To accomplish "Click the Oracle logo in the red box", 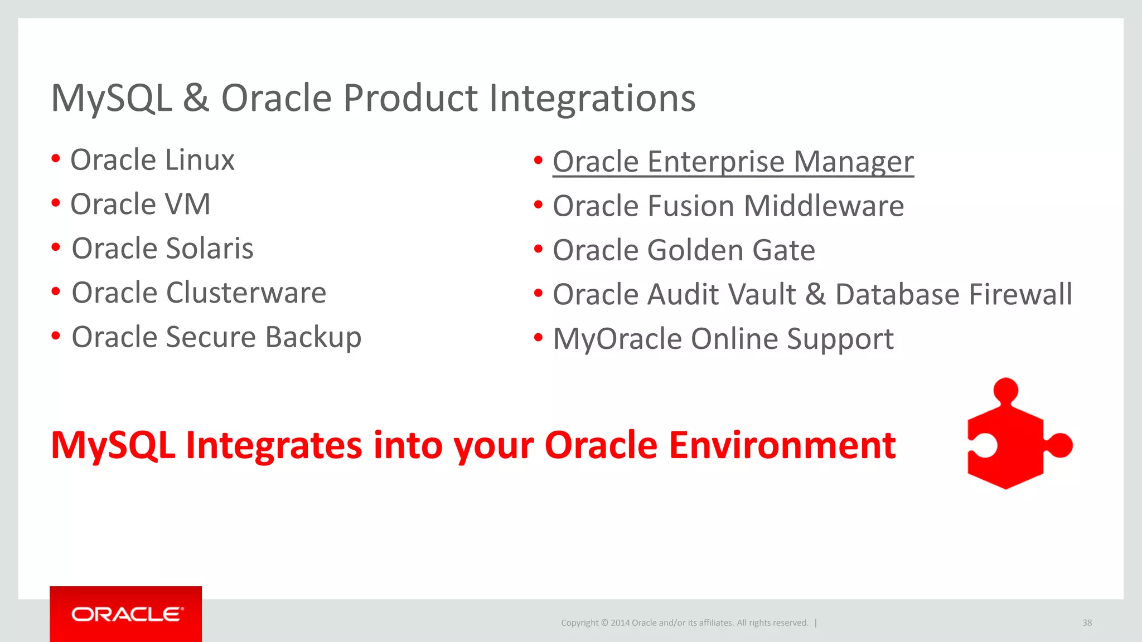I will [127, 614].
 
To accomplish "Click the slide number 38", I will [1087, 622].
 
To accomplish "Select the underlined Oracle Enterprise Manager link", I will [733, 162].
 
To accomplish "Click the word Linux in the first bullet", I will [199, 160].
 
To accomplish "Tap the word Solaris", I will [210, 249].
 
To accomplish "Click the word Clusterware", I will [246, 293].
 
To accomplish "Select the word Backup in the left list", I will [313, 338].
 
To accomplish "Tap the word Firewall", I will [1020, 294].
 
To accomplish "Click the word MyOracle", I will [617, 339].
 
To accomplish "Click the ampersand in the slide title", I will [196, 99].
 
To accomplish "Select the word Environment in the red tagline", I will [782, 445].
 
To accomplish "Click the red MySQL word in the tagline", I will [113, 445].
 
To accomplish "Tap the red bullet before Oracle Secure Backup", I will [56, 336].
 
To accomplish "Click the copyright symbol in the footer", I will [604, 623].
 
